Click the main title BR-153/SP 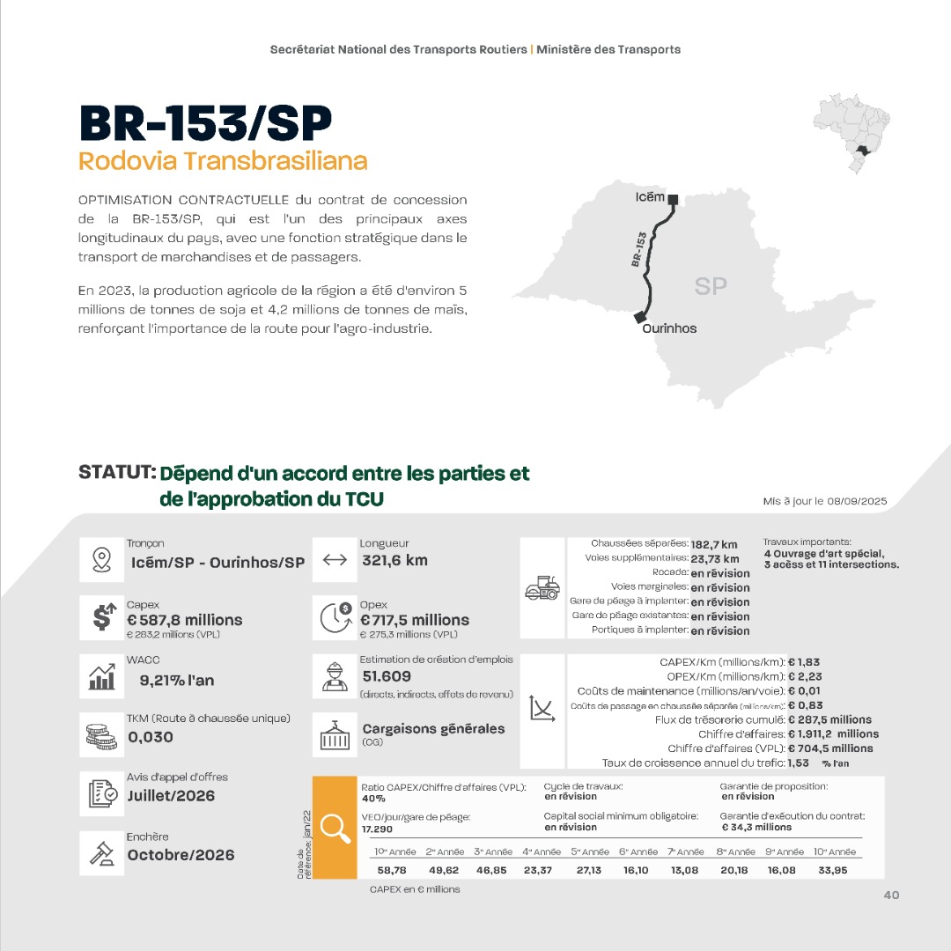point(204,122)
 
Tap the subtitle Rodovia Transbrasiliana point(223,162)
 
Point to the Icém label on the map point(650,197)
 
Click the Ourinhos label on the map point(669,328)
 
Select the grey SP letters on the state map point(711,286)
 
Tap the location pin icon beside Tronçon point(100,560)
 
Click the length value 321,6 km point(394,560)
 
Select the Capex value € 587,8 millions point(184,620)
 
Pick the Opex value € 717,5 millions point(415,620)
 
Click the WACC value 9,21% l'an point(177,680)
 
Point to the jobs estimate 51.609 point(387,676)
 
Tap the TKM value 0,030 point(151,737)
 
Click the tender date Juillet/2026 point(171,796)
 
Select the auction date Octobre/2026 point(181,855)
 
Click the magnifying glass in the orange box point(335,827)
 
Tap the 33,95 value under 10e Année point(833,870)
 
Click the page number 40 point(891,896)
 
